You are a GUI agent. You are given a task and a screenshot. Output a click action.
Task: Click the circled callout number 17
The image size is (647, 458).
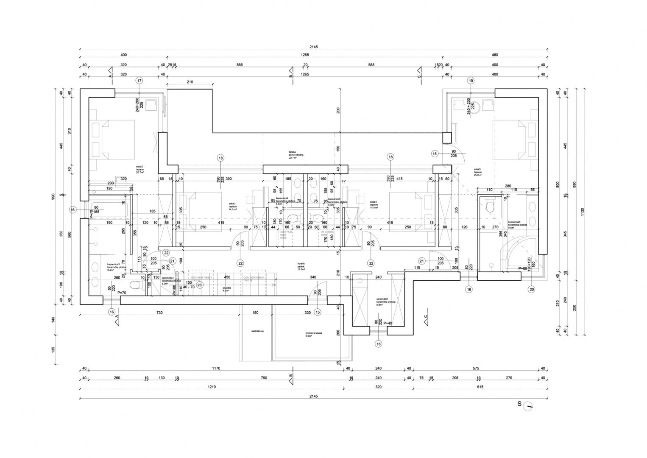point(139,81)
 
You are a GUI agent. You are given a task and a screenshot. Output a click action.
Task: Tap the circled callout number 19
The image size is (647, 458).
point(471,81)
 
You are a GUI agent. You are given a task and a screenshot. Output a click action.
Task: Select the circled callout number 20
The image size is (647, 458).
point(531,289)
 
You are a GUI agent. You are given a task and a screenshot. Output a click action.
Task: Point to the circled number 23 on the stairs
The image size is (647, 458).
point(199,285)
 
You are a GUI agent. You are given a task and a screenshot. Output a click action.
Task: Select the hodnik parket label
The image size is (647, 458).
point(301,266)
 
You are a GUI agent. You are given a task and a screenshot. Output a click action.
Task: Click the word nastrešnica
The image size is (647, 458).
point(257,331)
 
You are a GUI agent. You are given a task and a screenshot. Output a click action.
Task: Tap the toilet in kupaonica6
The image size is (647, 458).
point(491,206)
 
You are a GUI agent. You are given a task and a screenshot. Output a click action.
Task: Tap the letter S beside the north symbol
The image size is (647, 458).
point(519,404)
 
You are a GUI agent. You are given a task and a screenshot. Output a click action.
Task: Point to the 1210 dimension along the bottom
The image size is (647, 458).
point(211,387)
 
